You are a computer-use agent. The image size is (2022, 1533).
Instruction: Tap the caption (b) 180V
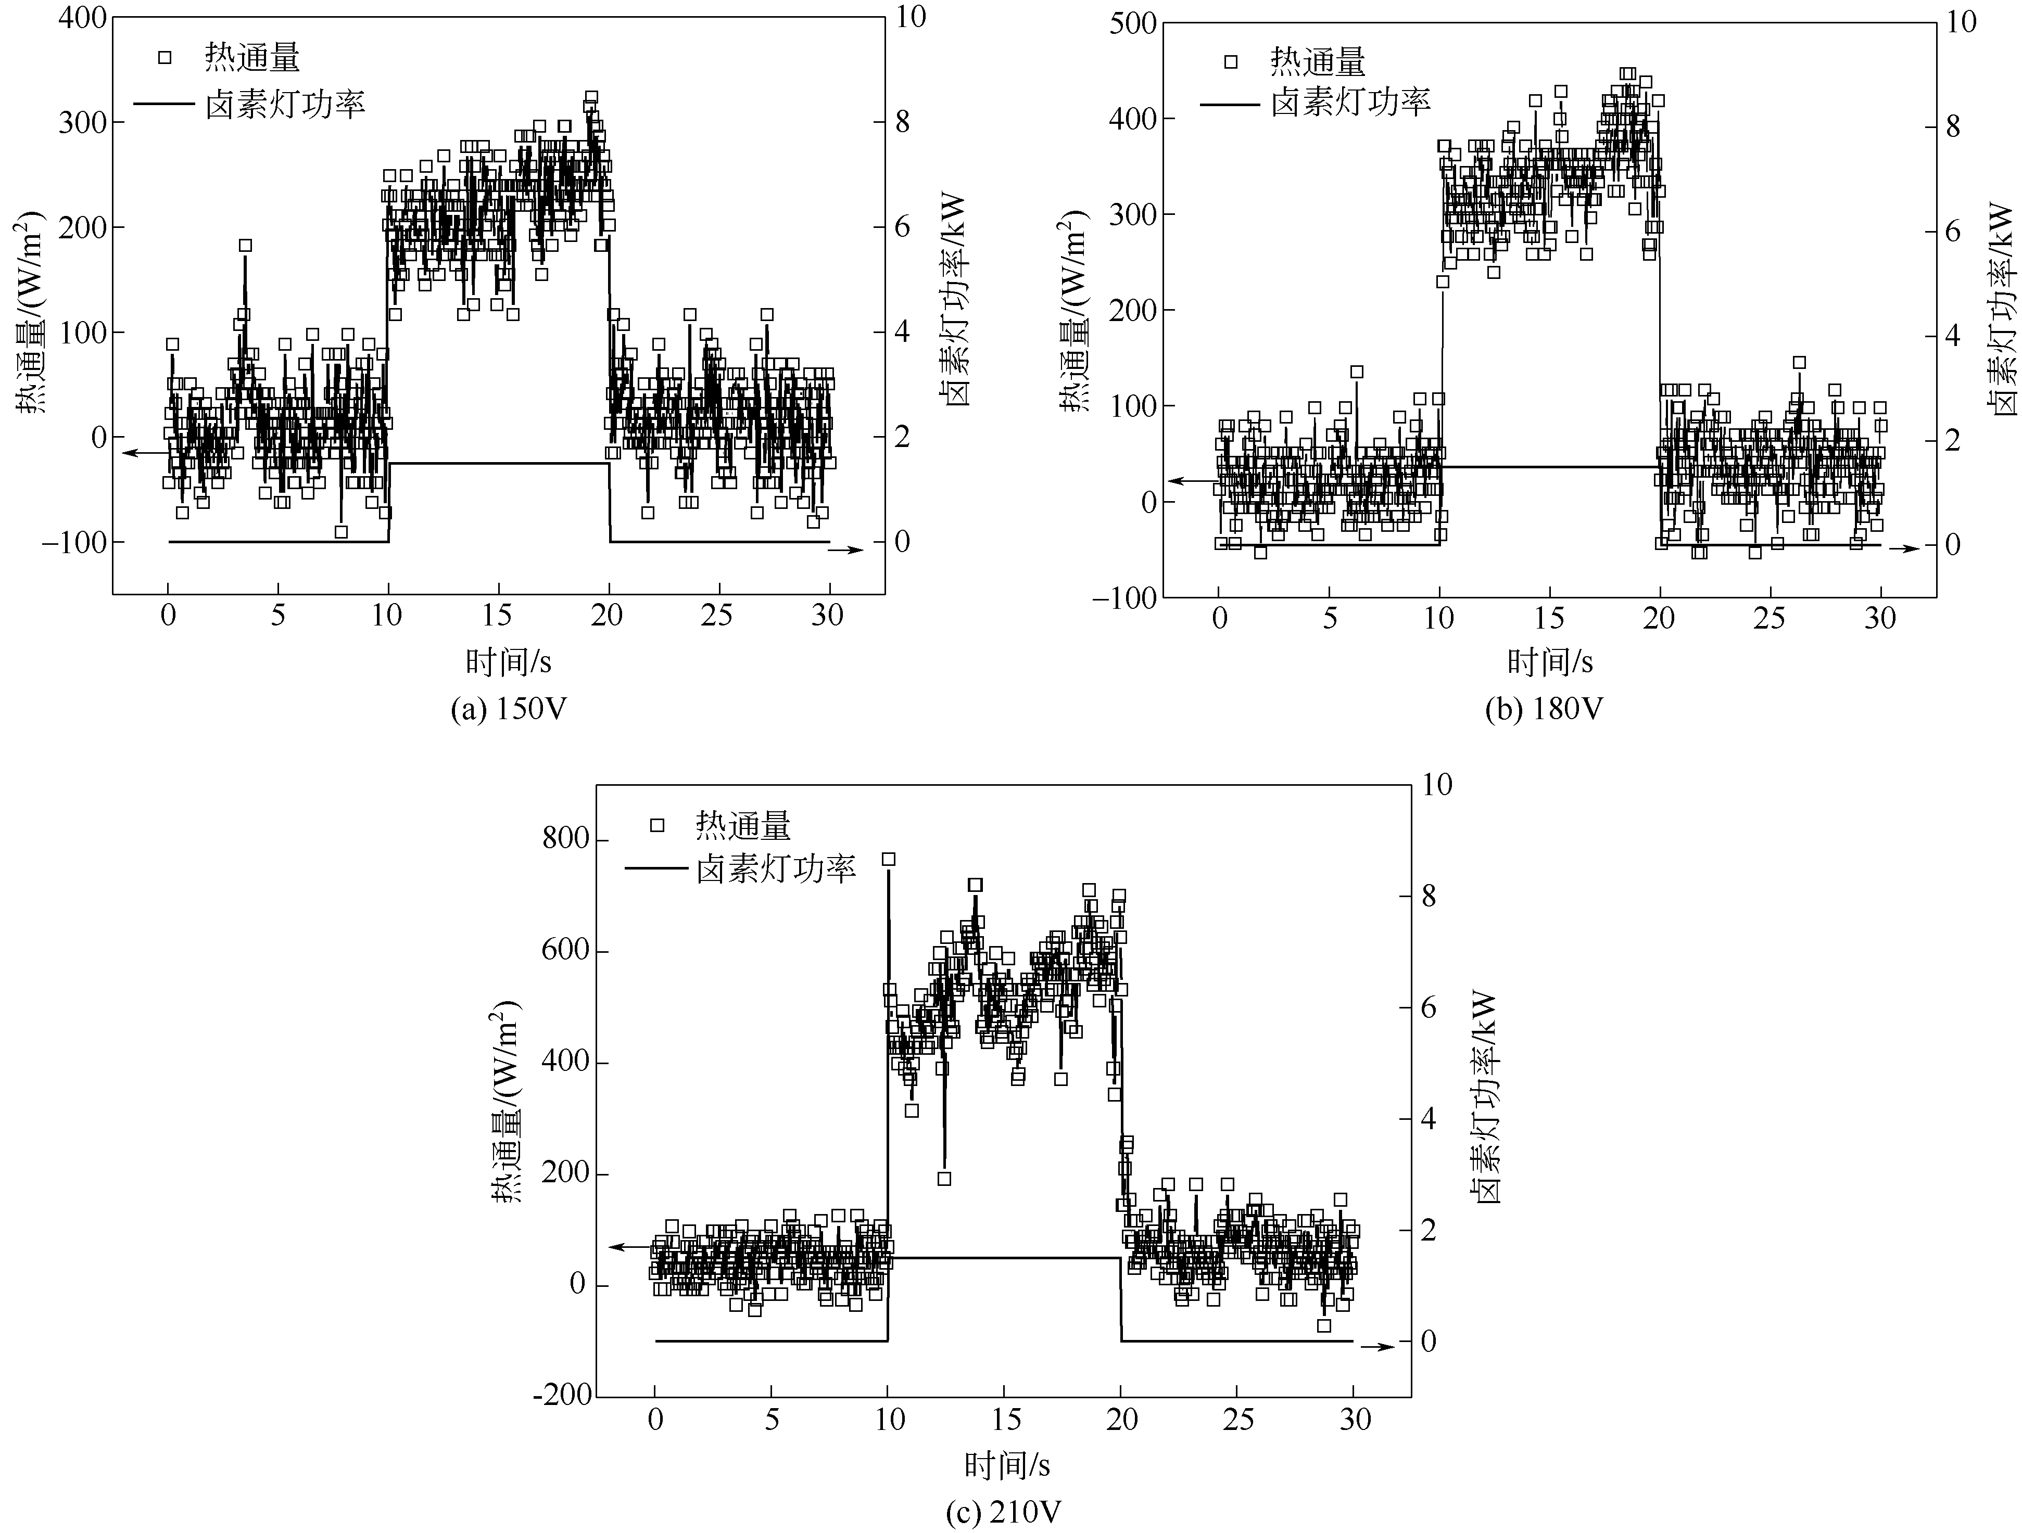1544,709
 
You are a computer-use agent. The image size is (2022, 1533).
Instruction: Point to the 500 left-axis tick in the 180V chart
1133,23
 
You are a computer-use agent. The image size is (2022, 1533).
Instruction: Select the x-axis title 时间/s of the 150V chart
508,661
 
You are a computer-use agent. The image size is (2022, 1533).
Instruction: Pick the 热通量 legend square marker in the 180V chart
1230,62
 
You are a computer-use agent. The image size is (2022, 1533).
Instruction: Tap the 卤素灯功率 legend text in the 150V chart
285,104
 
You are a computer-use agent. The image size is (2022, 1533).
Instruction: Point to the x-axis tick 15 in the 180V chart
1549,619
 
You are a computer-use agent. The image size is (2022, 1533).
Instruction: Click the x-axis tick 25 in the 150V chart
717,616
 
